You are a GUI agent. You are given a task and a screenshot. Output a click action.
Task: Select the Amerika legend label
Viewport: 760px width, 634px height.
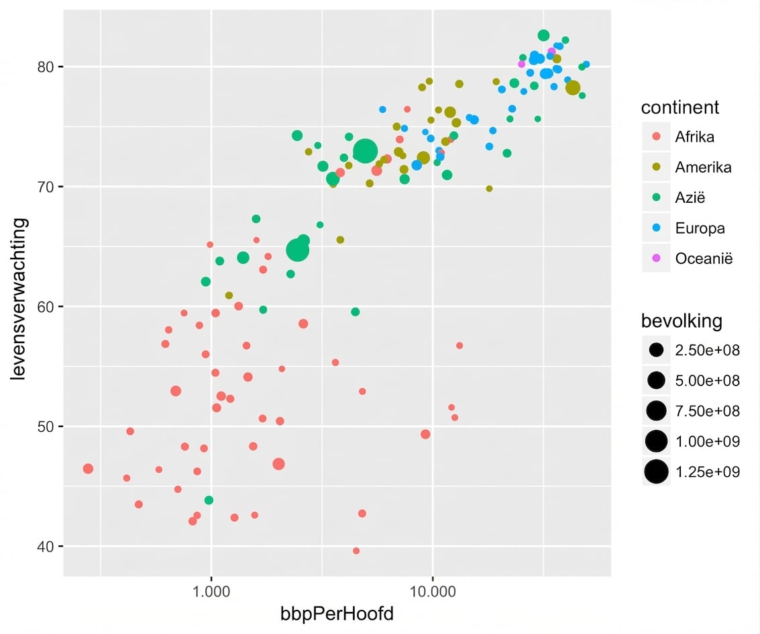pyautogui.click(x=703, y=167)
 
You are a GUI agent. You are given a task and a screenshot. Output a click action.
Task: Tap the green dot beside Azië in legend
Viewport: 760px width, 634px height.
pyautogui.click(x=656, y=197)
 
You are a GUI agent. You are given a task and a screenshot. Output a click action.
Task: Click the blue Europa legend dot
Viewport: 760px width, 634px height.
pyautogui.click(x=656, y=228)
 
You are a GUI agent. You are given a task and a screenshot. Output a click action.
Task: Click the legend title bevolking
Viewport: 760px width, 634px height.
pyautogui.click(x=682, y=321)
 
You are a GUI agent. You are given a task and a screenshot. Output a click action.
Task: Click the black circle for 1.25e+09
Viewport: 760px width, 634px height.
pyautogui.click(x=656, y=471)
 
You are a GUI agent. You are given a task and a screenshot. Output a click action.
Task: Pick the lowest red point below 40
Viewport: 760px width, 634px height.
pyautogui.click(x=356, y=551)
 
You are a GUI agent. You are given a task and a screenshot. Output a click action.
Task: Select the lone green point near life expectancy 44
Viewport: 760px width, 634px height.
pyautogui.click(x=209, y=500)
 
